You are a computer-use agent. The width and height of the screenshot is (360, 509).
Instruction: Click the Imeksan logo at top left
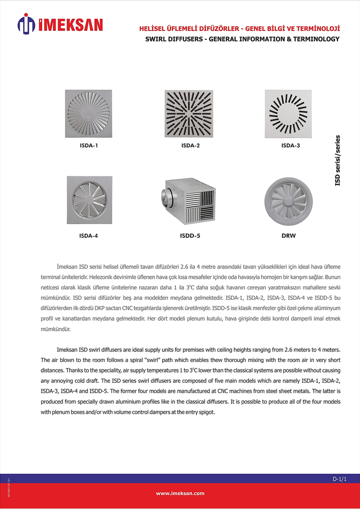pyautogui.click(x=60, y=24)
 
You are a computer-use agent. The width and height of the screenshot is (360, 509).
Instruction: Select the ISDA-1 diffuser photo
pyautogui.click(x=89, y=114)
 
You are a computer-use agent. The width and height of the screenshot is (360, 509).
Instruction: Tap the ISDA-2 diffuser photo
pyautogui.click(x=189, y=114)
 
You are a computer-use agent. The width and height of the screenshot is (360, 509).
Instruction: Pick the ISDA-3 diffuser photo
pyautogui.click(x=288, y=114)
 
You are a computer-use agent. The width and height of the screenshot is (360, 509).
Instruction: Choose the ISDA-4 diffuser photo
pyautogui.click(x=89, y=200)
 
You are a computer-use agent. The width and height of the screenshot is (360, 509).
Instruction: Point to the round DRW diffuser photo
pyautogui.click(x=288, y=200)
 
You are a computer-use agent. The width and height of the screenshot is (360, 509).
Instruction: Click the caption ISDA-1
pyautogui.click(x=89, y=146)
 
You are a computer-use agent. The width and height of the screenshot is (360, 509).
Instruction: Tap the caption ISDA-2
pyautogui.click(x=190, y=146)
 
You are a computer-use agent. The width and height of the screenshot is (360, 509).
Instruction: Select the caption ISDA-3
pyautogui.click(x=290, y=146)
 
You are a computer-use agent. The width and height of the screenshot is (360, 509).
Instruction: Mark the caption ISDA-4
pyautogui.click(x=89, y=236)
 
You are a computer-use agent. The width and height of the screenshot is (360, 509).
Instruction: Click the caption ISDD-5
pyautogui.click(x=190, y=236)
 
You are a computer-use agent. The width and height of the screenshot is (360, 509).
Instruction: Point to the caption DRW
pyautogui.click(x=288, y=236)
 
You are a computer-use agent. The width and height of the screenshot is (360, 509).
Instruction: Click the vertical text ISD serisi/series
pyautogui.click(x=338, y=160)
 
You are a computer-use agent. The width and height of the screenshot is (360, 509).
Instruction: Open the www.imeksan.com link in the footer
pyautogui.click(x=180, y=493)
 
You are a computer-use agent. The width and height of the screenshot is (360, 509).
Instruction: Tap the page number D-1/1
pyautogui.click(x=339, y=479)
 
